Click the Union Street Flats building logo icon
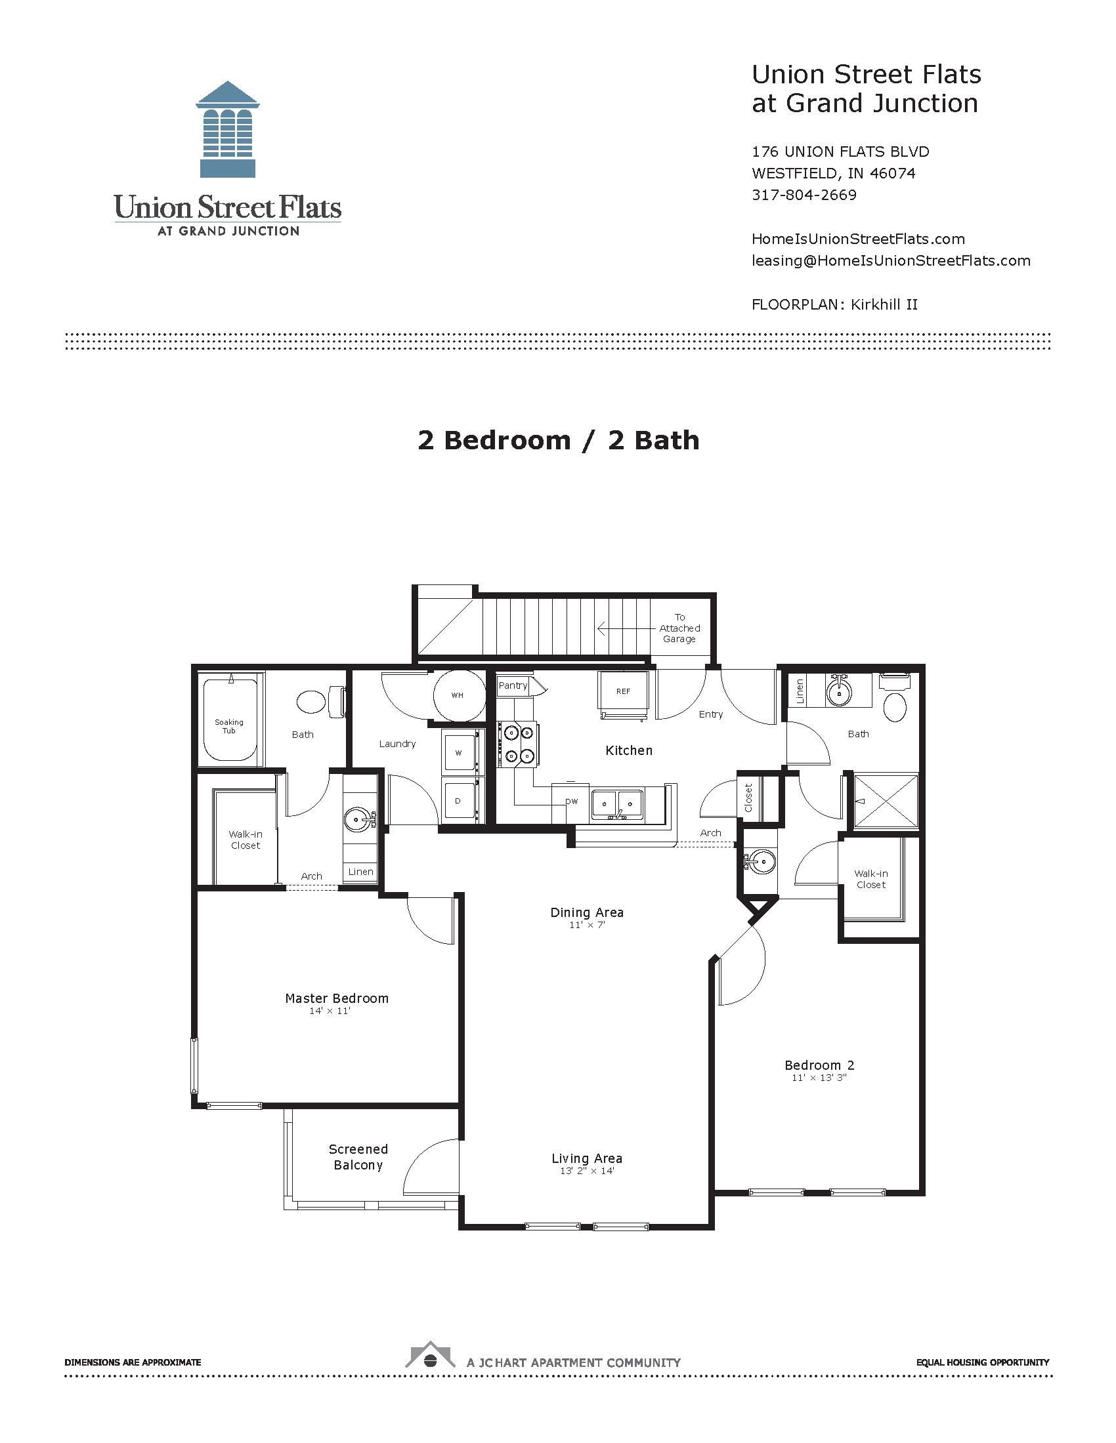click(x=227, y=129)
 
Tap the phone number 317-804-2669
click(x=804, y=195)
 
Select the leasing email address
click(x=891, y=260)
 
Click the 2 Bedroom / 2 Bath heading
click(x=559, y=440)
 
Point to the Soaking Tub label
click(x=228, y=726)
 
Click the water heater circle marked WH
click(x=459, y=695)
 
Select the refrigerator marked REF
click(x=623, y=692)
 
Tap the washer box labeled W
click(x=460, y=752)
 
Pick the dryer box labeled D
click(x=460, y=800)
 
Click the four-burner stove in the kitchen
click(x=519, y=744)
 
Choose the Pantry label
click(x=513, y=686)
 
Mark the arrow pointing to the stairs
click(x=627, y=628)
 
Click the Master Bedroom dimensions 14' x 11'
click(x=330, y=1011)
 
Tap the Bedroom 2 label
click(x=819, y=1065)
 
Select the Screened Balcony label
click(x=358, y=1157)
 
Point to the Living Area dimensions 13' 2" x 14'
click(x=587, y=1171)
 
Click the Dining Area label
click(x=587, y=912)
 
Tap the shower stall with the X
click(x=886, y=801)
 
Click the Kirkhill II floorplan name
click(x=884, y=304)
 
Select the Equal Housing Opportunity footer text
click(x=983, y=1362)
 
